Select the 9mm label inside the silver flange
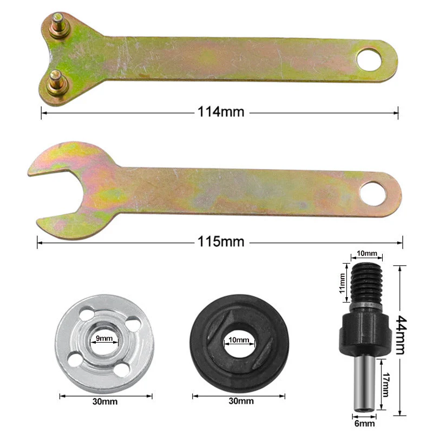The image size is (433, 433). (104, 339)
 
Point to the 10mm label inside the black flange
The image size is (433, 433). (239, 340)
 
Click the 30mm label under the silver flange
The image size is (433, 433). (104, 401)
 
